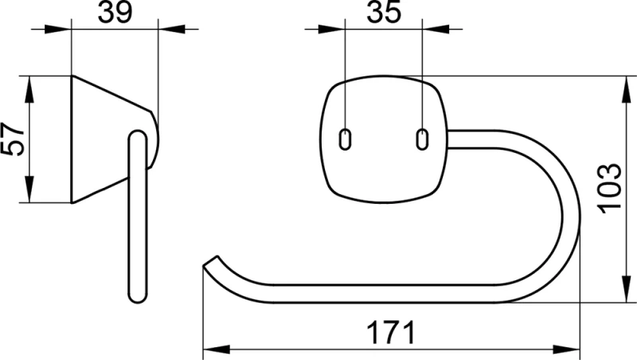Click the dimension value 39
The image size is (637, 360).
[x=115, y=13]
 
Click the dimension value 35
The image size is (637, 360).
[x=384, y=12]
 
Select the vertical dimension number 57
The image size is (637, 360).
[x=13, y=139]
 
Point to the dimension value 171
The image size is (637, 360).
[x=392, y=333]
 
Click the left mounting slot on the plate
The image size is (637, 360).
[x=345, y=139]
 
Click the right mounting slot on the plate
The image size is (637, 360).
[x=423, y=139]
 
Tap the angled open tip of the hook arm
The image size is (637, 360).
[x=210, y=261]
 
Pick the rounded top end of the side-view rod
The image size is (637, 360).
[x=138, y=135]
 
